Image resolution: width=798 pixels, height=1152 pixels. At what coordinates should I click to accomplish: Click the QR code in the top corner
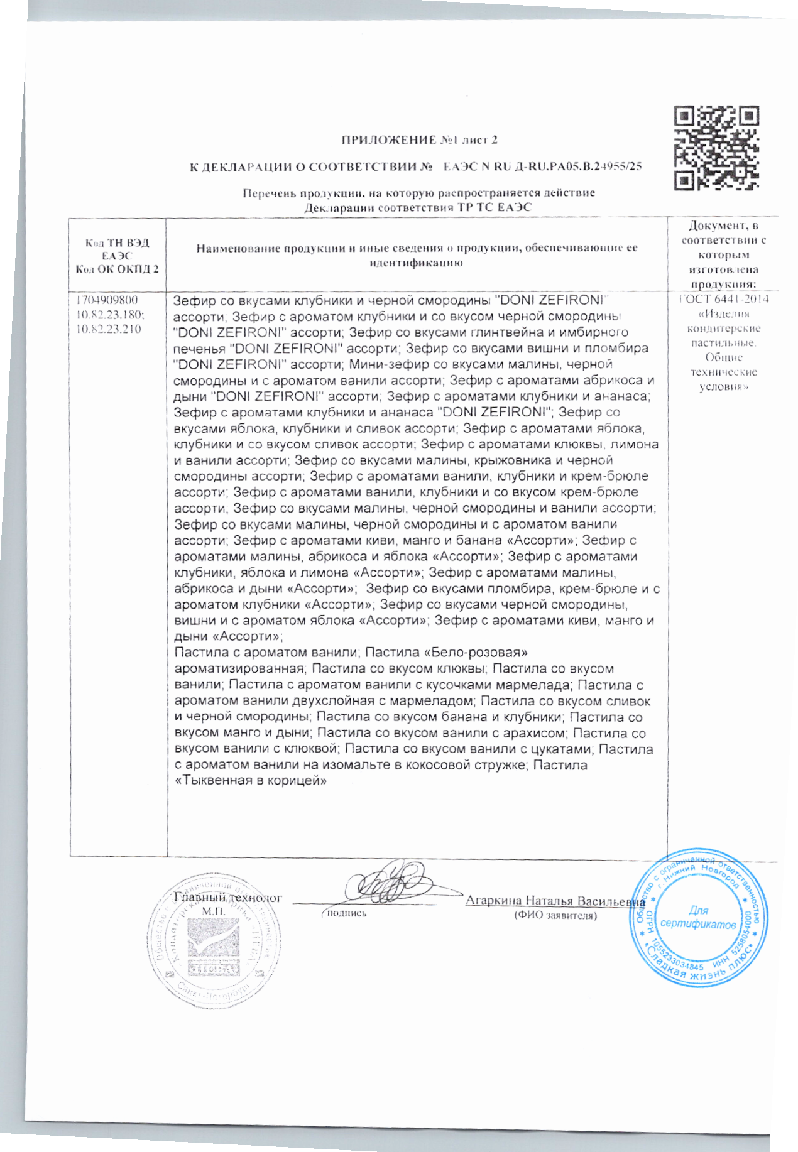(x=716, y=148)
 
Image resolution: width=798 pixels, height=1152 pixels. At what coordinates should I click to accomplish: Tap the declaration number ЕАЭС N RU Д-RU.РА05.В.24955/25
(x=542, y=167)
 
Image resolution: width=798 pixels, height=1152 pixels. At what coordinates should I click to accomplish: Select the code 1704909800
(x=107, y=300)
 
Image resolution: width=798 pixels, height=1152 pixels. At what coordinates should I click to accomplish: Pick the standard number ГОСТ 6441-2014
(x=724, y=299)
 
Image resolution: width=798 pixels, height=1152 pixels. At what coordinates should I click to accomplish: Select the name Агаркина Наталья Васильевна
(x=555, y=901)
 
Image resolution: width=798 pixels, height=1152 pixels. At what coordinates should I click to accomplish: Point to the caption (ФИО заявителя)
(x=555, y=915)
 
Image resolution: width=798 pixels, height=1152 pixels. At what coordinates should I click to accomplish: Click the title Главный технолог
(x=227, y=898)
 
